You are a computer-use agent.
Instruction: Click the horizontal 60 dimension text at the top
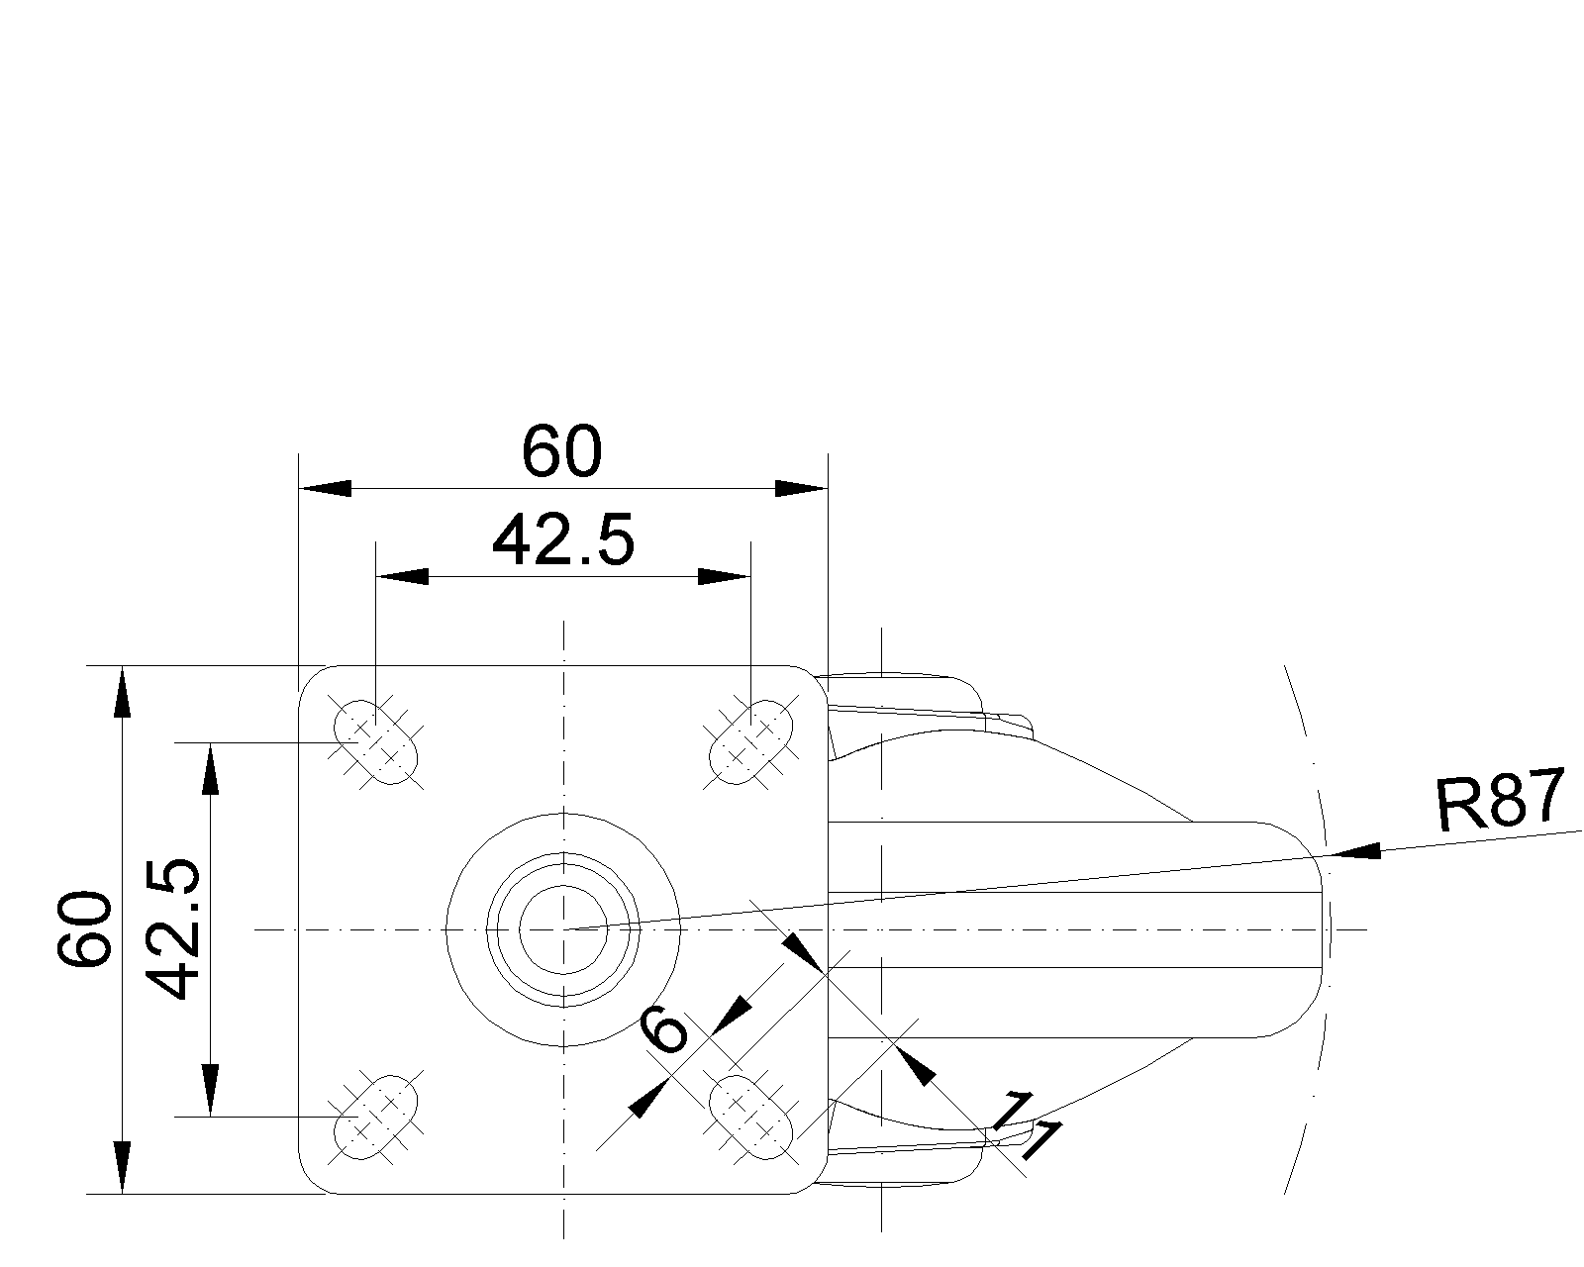pyautogui.click(x=561, y=450)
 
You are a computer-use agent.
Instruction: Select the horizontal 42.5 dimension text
pyautogui.click(x=563, y=541)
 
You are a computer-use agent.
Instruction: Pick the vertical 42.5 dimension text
pyautogui.click(x=172, y=929)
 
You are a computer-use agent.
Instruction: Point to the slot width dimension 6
pyautogui.click(x=663, y=1030)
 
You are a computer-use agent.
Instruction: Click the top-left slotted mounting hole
pyautogui.click(x=375, y=741)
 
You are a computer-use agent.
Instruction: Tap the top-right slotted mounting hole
pyautogui.click(x=750, y=741)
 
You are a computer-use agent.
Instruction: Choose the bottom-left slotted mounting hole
pyautogui.click(x=375, y=1117)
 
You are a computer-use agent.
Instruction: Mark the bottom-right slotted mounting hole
pyautogui.click(x=750, y=1117)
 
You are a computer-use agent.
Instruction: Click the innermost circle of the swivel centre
pyautogui.click(x=563, y=929)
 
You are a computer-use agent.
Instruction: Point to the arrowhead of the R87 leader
pyautogui.click(x=1356, y=852)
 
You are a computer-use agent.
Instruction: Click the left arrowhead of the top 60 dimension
pyautogui.click(x=325, y=488)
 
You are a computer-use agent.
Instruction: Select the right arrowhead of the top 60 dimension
pyautogui.click(x=802, y=488)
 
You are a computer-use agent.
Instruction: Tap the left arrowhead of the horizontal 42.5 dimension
pyautogui.click(x=402, y=576)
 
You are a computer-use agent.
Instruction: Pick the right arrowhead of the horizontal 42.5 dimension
pyautogui.click(x=725, y=576)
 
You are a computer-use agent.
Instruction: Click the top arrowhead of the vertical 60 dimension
pyautogui.click(x=122, y=691)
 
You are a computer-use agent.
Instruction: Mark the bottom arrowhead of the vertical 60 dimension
pyautogui.click(x=122, y=1167)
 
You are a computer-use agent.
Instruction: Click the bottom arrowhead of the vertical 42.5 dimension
pyautogui.click(x=211, y=1090)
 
